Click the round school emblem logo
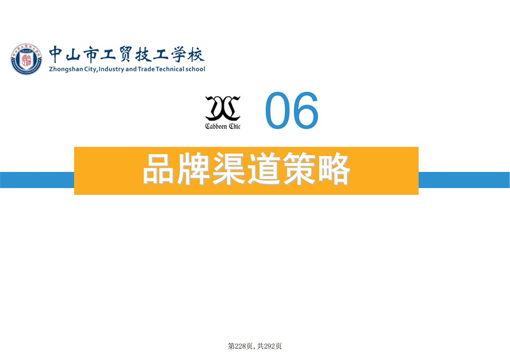tap(26, 59)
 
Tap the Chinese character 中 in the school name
tap(56, 54)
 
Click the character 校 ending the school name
tap(196, 54)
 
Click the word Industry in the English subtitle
tap(111, 69)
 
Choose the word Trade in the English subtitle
tap(146, 69)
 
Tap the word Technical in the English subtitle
tap(170, 69)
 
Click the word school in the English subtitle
tap(195, 69)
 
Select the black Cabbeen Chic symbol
tap(222, 108)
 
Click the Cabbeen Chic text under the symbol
tap(222, 126)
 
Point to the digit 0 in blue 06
tap(277, 110)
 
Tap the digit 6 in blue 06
tap(305, 110)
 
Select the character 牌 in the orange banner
tap(193, 169)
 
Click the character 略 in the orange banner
tap(333, 169)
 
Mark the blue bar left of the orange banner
tap(37, 180)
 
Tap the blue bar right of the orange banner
tap(464, 180)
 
